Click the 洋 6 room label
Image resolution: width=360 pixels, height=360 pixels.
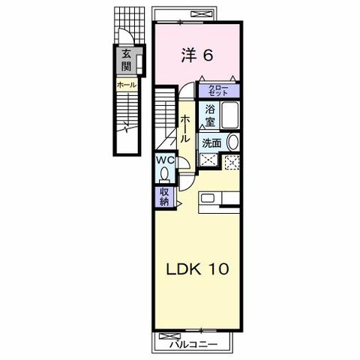pos(197,55)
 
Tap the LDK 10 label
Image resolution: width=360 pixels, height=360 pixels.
pos(197,269)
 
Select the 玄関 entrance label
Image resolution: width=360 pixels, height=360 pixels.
pos(127,60)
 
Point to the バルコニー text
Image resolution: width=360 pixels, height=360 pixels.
pos(193,345)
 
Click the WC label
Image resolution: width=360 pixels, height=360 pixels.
pos(165,160)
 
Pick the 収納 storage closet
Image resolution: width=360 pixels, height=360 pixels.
pos(164,196)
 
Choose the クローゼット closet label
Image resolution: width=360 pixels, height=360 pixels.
pos(218,91)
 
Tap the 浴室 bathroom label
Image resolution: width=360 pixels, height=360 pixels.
pos(210,115)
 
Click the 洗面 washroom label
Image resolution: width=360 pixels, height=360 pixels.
pos(212,143)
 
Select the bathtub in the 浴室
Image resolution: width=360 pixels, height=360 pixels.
pos(230,115)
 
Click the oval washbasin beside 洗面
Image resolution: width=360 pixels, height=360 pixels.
pos(232,142)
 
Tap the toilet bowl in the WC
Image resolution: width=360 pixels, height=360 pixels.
pos(164,173)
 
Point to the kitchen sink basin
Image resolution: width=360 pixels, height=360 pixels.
pos(208,199)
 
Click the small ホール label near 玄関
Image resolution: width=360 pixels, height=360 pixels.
pos(127,85)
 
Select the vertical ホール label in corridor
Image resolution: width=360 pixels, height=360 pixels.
pos(184,129)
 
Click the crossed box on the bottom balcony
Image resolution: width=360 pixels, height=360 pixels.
pos(166,336)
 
